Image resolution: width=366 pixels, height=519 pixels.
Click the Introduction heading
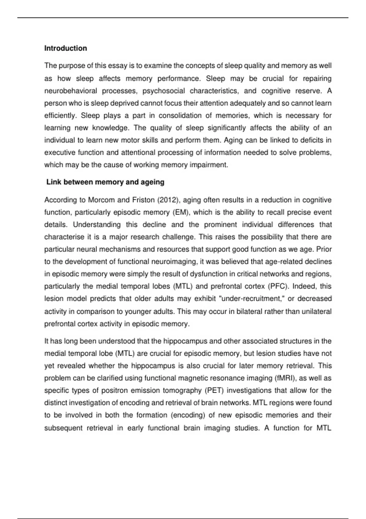point(66,48)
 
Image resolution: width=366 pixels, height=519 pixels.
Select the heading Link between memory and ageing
point(105,182)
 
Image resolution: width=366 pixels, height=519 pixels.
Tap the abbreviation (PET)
point(214,390)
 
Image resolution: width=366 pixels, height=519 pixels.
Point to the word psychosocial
point(164,91)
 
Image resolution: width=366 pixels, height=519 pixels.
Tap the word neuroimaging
point(172,262)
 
